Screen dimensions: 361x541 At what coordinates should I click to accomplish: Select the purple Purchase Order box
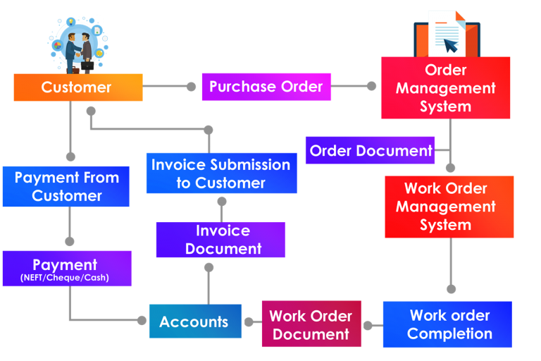point(266,87)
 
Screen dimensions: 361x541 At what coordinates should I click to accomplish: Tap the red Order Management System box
point(445,88)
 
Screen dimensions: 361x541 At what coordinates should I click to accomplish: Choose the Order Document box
point(371,150)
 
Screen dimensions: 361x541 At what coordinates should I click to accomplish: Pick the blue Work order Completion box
point(447,324)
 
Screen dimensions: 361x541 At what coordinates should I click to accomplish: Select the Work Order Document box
point(311,325)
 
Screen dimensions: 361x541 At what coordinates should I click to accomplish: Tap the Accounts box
point(194,322)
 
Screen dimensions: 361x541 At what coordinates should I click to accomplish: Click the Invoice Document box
point(220,240)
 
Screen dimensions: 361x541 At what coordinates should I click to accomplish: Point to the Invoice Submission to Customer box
point(221,173)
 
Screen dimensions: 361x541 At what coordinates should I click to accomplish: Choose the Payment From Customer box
point(66,187)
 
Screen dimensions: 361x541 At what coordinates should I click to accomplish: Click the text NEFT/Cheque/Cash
point(67,279)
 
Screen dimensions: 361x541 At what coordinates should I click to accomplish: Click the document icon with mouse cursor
point(446,34)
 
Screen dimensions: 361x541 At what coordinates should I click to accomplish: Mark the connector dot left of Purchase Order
point(191,87)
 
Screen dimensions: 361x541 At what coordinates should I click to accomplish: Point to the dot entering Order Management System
point(372,86)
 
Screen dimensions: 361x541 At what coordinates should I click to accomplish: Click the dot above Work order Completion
point(451,289)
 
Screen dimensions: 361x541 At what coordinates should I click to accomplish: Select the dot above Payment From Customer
point(70,157)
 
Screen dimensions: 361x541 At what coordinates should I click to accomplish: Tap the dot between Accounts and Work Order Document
point(248,323)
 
